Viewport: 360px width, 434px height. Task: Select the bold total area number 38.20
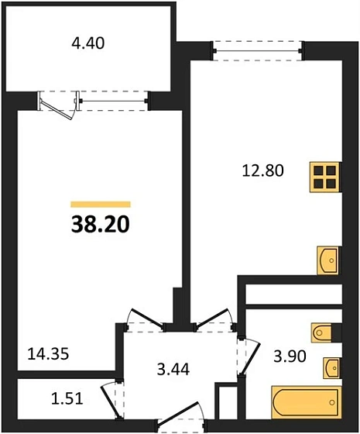(x=100, y=225)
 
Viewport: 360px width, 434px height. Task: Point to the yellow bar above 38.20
(x=100, y=204)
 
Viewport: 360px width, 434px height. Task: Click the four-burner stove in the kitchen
(x=325, y=177)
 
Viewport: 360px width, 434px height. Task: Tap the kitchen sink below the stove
(x=328, y=260)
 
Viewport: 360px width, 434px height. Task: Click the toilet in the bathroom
(x=325, y=332)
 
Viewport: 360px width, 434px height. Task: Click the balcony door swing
(x=60, y=105)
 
